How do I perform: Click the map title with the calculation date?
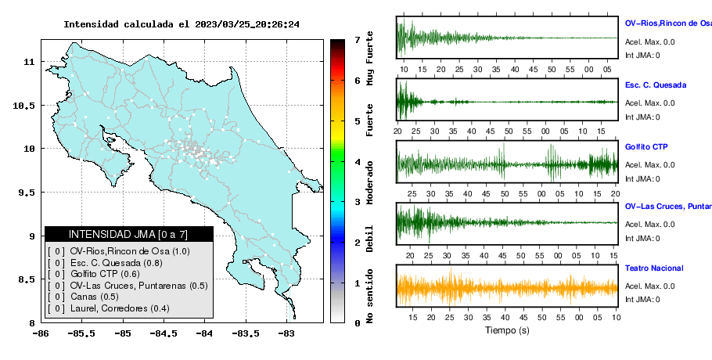182,24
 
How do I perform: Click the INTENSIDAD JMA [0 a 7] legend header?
128,234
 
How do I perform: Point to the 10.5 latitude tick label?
23,106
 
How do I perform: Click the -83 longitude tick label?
286,334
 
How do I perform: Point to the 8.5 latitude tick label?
27,279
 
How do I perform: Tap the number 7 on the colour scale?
358,40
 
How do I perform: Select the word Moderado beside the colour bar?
369,182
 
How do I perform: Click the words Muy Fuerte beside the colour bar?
369,58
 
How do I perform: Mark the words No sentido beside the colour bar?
369,296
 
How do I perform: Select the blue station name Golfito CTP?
646,147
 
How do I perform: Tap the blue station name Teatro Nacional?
654,268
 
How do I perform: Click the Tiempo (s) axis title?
507,330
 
